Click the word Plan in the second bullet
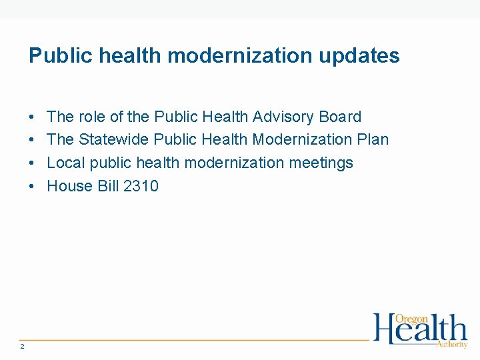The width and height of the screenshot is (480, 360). pyautogui.click(x=373, y=140)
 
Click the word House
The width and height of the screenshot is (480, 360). pyautogui.click(x=71, y=186)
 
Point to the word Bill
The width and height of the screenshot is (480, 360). pyautogui.click(x=109, y=186)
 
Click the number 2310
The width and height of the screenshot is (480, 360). pyautogui.click(x=141, y=186)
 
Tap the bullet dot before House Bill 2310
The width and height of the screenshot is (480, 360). pyautogui.click(x=33, y=187)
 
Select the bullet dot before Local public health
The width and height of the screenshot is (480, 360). pyautogui.click(x=33, y=163)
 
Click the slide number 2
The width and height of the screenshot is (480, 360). pyautogui.click(x=23, y=346)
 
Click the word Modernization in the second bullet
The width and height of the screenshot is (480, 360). pyautogui.click(x=303, y=140)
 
